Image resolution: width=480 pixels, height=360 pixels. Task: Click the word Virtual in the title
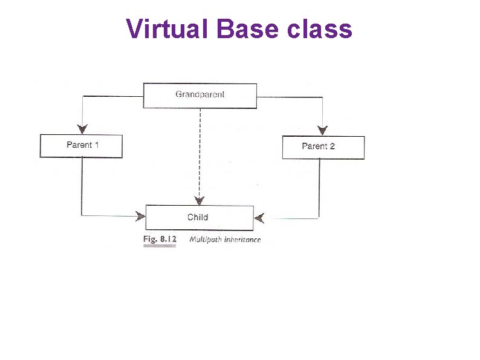167,28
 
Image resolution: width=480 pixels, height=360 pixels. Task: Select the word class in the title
323,28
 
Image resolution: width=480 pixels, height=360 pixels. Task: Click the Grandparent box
199,95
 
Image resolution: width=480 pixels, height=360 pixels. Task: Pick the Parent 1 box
81,146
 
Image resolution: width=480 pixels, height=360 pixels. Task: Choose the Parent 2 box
323,147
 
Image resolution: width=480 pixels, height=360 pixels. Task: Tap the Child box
199,217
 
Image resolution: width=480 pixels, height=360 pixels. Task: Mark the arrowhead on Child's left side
140,215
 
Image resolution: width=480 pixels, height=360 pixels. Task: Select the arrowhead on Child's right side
259,217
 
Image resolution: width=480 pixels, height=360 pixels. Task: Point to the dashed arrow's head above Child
199,200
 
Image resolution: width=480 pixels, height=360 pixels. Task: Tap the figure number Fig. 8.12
160,240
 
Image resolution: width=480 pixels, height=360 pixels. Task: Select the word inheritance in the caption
242,240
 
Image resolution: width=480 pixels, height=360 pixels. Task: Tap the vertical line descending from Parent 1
82,185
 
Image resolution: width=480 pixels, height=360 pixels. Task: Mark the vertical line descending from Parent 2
319,188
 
